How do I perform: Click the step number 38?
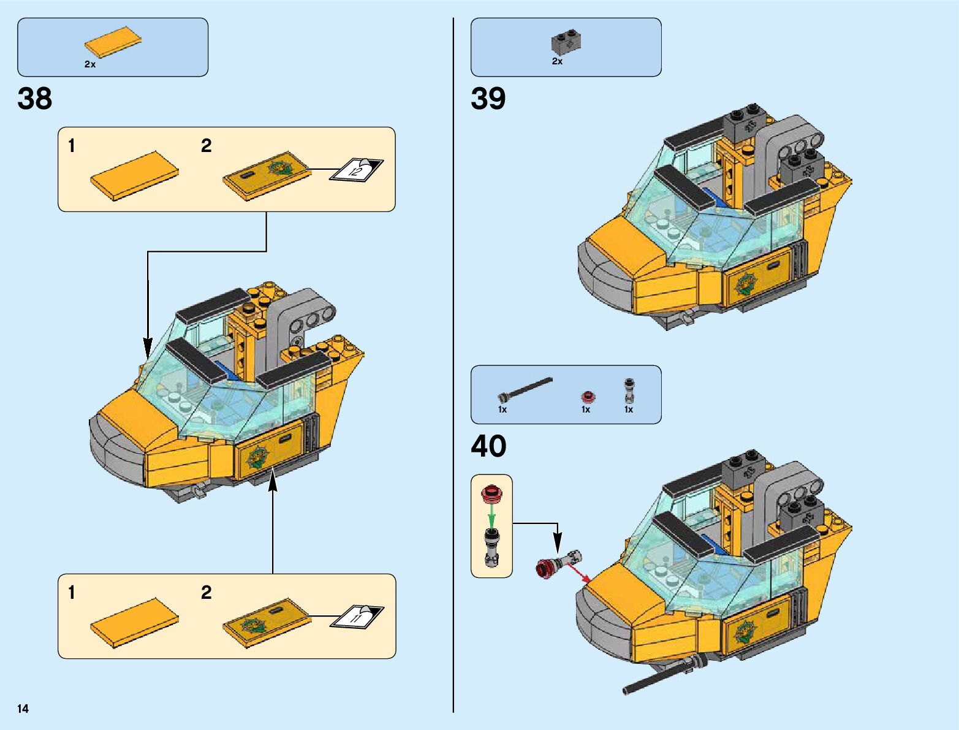pyautogui.click(x=35, y=99)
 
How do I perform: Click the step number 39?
pyautogui.click(x=488, y=99)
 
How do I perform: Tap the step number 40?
pyautogui.click(x=488, y=447)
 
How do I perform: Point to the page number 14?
pyautogui.click(x=23, y=709)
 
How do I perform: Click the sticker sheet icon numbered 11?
pyautogui.click(x=357, y=616)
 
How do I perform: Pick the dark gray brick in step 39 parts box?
pyautogui.click(x=566, y=42)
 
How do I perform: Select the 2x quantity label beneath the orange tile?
pyautogui.click(x=90, y=64)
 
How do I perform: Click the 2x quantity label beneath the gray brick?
pyautogui.click(x=557, y=61)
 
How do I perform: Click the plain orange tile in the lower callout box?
pyautogui.click(x=134, y=622)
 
